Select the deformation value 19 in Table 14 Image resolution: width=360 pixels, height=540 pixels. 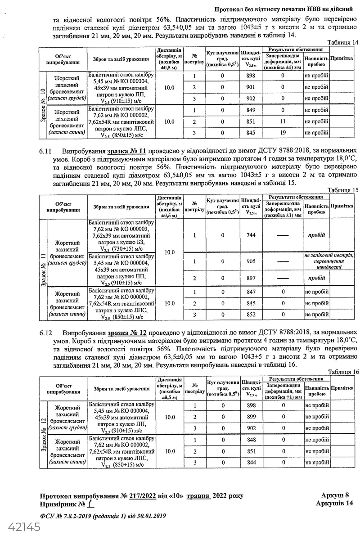click(x=283, y=133)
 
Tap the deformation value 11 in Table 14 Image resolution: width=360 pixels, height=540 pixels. click(x=283, y=121)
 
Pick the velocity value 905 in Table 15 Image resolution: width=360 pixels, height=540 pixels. click(x=251, y=261)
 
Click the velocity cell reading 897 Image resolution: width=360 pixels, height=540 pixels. click(x=251, y=279)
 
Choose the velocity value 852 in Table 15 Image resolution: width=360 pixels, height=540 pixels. click(x=251, y=315)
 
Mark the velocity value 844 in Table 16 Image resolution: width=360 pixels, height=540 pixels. click(x=251, y=463)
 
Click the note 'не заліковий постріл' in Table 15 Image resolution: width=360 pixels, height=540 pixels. click(x=329, y=256)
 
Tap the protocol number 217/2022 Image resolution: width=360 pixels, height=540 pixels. click(x=142, y=496)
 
